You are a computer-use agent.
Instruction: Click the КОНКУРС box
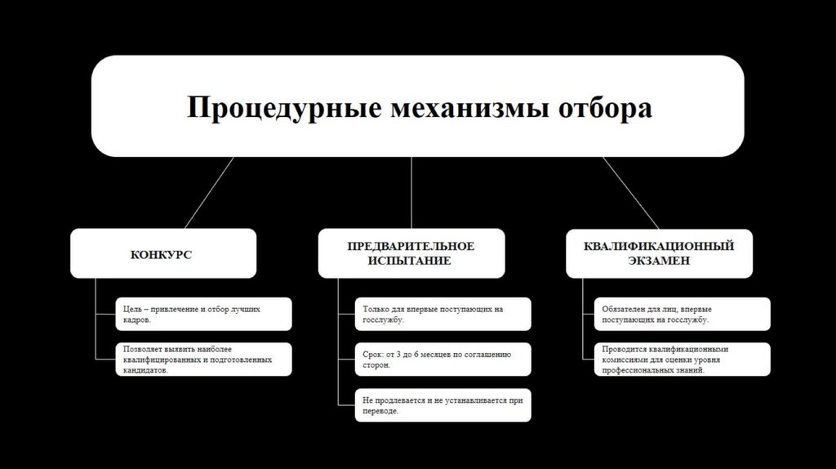pyautogui.click(x=162, y=253)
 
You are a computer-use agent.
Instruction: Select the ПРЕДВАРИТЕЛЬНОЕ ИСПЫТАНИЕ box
pyautogui.click(x=411, y=252)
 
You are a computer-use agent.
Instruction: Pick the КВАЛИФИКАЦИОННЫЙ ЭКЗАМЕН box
pyautogui.click(x=659, y=252)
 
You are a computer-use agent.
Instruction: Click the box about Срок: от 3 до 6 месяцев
pyautogui.click(x=442, y=360)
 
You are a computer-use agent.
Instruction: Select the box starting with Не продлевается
pyautogui.click(x=442, y=405)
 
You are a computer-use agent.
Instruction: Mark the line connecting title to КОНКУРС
pyautogui.click(x=209, y=193)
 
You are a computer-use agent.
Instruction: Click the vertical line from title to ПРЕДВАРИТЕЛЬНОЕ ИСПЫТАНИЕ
pyautogui.click(x=411, y=193)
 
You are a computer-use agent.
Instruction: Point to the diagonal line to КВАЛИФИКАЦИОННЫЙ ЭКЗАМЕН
pyautogui.click(x=630, y=193)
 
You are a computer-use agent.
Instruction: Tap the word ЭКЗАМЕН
pyautogui.click(x=660, y=261)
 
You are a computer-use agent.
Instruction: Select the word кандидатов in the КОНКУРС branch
pyautogui.click(x=145, y=370)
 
